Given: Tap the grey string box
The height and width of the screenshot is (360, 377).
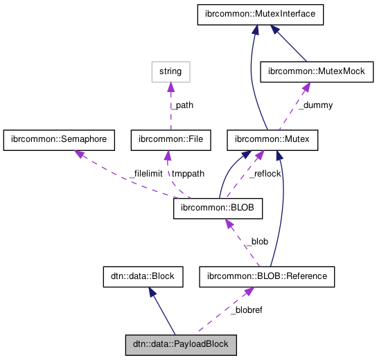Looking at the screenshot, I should click(x=170, y=71).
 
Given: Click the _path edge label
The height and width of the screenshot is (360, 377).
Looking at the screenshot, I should click(x=182, y=106).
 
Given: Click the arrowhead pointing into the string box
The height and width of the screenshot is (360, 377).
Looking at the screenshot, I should click(x=170, y=85).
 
